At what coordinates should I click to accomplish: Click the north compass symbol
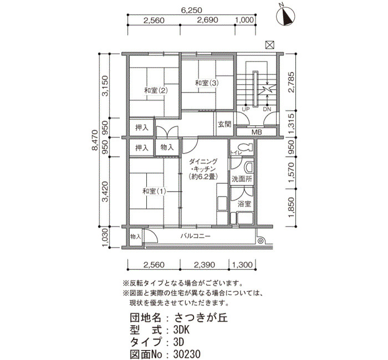(285, 16)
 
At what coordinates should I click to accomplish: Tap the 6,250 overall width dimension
(192, 10)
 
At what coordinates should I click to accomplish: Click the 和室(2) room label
(156, 91)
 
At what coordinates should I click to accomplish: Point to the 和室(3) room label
(207, 83)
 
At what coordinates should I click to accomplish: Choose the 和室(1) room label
(154, 191)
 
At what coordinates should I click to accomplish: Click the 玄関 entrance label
(224, 124)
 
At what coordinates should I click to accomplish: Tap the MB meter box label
(257, 132)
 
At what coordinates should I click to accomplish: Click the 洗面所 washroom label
(242, 179)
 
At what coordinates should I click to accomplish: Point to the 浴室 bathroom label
(244, 204)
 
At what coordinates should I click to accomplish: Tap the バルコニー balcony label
(195, 236)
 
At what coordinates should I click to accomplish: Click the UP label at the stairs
(246, 109)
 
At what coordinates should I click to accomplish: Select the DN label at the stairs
(267, 109)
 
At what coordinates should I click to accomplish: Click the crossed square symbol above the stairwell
(270, 45)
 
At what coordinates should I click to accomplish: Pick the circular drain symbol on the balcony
(261, 240)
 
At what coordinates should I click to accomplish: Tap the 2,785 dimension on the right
(292, 82)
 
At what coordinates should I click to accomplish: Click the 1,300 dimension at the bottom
(242, 265)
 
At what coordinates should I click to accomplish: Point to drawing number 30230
(187, 354)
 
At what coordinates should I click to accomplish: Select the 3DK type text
(181, 330)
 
